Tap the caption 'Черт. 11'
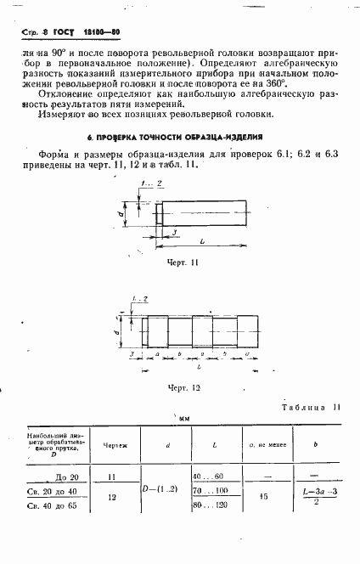(183, 263)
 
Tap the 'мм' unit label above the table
(182, 419)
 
